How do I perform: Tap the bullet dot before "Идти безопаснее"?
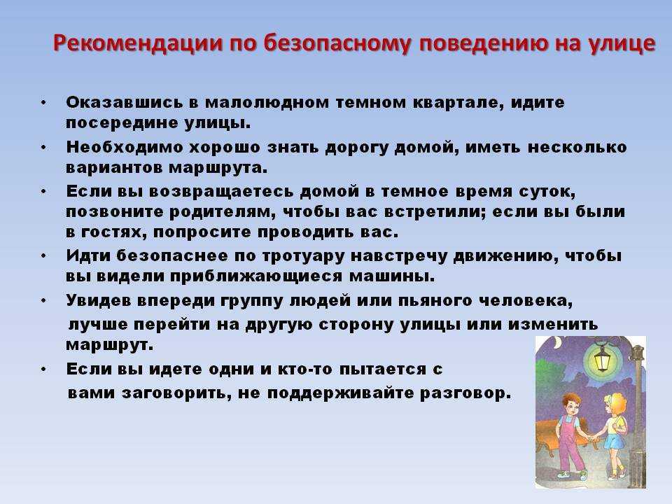click(x=43, y=256)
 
